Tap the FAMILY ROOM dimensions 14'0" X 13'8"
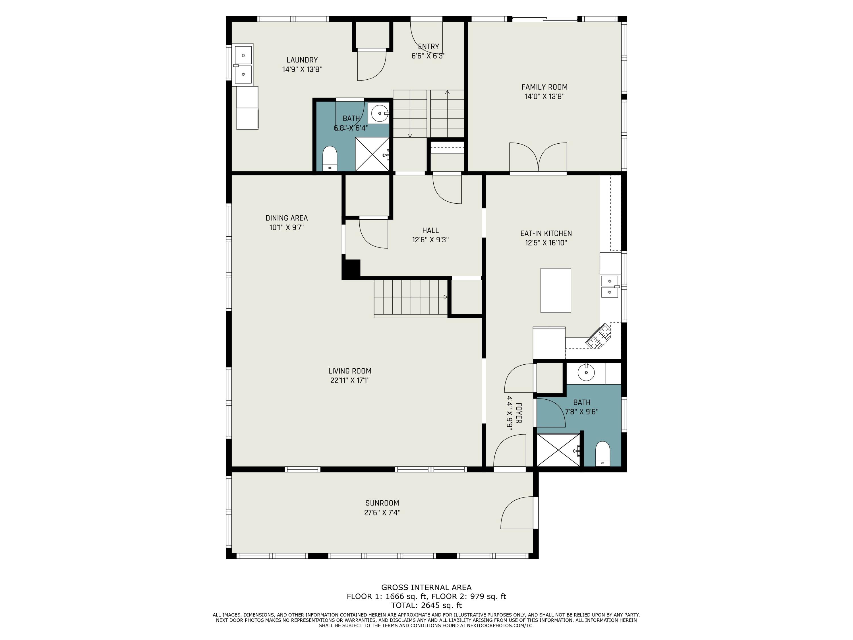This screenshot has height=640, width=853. coord(544,96)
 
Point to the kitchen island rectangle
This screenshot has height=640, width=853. coord(555,290)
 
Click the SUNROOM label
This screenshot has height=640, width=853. coord(382,503)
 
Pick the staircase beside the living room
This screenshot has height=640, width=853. coord(411,298)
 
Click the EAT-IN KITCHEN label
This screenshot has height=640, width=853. coord(546,234)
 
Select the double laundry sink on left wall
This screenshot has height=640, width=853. coord(243,64)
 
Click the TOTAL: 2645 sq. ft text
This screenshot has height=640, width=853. coord(426,605)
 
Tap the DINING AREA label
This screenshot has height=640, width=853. coord(287,218)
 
